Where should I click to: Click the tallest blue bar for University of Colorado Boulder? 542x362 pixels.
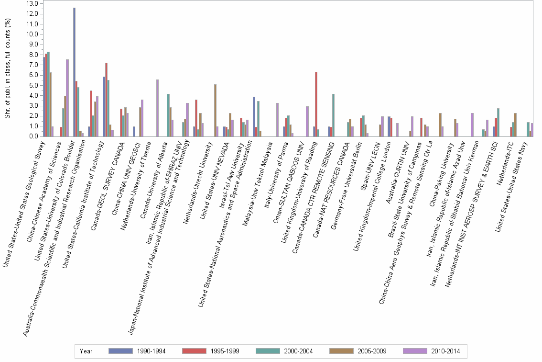[x=74, y=72]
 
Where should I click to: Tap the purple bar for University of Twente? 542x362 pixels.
[x=157, y=108]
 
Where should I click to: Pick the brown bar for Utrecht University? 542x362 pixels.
[x=215, y=110]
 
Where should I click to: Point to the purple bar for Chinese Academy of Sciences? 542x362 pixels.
[x=67, y=98]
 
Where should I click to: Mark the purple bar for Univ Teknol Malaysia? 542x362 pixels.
[x=277, y=120]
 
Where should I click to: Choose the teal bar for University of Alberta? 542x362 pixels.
[x=168, y=115]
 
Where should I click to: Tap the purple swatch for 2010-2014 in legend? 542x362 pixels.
[x=415, y=351]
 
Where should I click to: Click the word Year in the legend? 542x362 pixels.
[x=87, y=351]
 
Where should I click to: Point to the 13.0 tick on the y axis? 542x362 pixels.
[x=33, y=4]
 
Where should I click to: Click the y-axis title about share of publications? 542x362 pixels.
[x=7, y=69]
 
